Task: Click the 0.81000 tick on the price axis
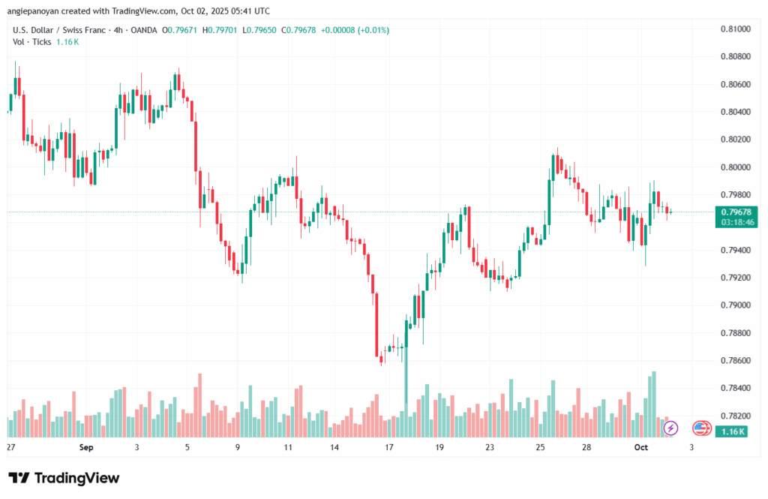(735, 29)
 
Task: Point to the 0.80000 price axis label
(735, 167)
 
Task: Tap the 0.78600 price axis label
(735, 361)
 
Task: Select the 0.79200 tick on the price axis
(735, 278)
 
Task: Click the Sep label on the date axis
(85, 447)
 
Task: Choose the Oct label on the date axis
(640, 447)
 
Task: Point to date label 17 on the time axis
(388, 447)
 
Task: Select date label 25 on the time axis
(540, 447)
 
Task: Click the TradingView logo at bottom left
(64, 478)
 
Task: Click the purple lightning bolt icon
(671, 428)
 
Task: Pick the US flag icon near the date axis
(701, 428)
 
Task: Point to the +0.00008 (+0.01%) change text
(355, 30)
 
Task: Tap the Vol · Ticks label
(32, 42)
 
